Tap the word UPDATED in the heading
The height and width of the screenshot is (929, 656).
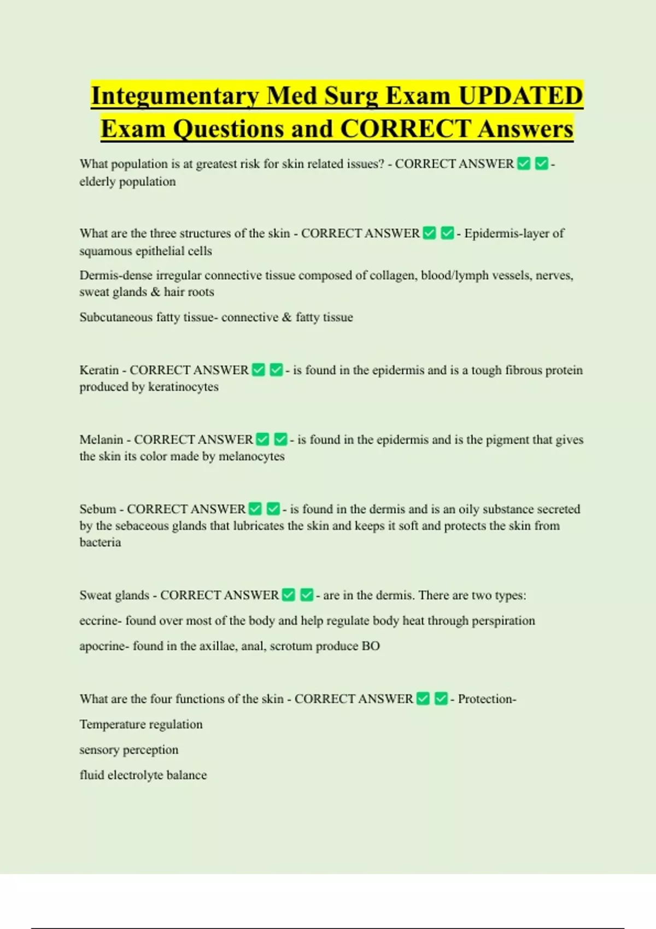click(520, 96)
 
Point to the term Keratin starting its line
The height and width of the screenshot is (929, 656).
click(99, 370)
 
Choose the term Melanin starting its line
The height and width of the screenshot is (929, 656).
click(101, 439)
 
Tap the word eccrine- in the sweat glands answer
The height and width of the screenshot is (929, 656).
click(99, 621)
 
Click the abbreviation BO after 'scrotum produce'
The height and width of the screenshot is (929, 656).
click(371, 646)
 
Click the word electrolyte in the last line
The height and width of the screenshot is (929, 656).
click(135, 775)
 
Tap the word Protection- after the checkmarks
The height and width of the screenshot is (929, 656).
click(487, 699)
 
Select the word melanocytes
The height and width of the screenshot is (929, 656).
click(251, 456)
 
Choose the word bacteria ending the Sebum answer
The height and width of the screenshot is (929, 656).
click(100, 542)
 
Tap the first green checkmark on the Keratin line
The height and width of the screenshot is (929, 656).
click(259, 370)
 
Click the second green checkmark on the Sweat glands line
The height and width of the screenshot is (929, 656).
click(307, 595)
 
